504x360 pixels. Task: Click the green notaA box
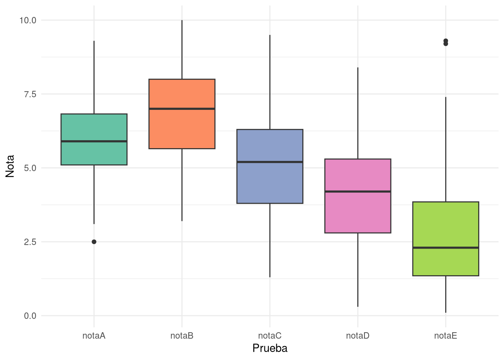coord(94,139)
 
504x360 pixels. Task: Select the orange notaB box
coord(182,114)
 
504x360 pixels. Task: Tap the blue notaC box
coord(270,166)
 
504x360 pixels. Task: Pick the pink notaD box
coord(358,196)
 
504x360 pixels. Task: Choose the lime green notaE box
coord(446,239)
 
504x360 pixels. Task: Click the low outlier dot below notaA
coord(94,242)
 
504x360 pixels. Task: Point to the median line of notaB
coord(182,109)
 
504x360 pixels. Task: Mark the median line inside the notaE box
coord(446,248)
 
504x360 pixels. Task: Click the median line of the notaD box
coord(358,192)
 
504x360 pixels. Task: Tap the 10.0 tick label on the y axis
coord(28,21)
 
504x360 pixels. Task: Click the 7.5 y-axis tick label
coord(30,94)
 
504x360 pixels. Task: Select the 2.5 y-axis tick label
coord(30,242)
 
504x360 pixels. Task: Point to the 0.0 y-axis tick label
coord(30,316)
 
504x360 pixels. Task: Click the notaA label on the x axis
coord(94,336)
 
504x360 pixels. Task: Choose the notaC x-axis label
coord(270,336)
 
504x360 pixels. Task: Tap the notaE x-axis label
coord(446,336)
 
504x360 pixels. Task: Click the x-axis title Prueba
coord(270,348)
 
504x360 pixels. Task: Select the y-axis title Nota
coord(10,166)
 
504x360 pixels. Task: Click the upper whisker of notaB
coord(182,49)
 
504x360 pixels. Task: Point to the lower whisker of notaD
coord(358,270)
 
